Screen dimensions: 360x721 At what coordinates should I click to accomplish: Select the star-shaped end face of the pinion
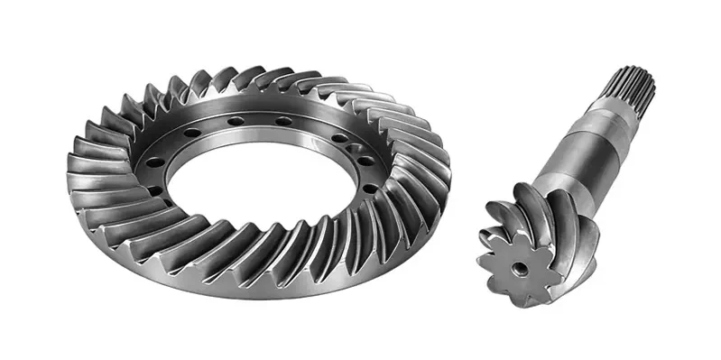520,264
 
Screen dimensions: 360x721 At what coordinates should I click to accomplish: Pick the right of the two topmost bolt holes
282,121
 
